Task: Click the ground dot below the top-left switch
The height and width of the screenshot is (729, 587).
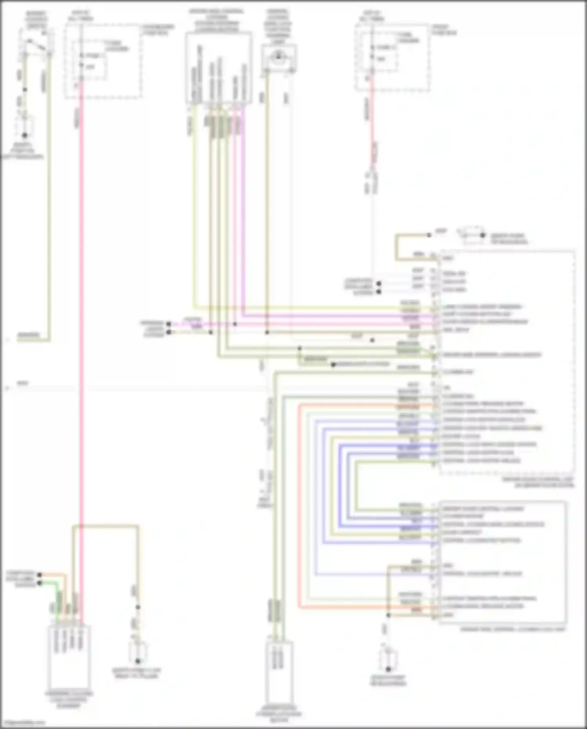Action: (x=25, y=135)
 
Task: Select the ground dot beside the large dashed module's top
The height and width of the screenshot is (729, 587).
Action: (x=483, y=235)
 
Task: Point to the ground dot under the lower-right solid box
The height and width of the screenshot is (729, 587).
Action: (x=388, y=669)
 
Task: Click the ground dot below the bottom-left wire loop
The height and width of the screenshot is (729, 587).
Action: (x=138, y=661)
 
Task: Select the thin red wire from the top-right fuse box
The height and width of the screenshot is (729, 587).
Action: (x=372, y=118)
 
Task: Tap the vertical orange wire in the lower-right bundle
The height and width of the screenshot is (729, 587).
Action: (x=299, y=509)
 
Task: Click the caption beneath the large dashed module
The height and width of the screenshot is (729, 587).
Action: (x=544, y=482)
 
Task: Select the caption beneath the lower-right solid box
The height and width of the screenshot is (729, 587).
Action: (x=513, y=630)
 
